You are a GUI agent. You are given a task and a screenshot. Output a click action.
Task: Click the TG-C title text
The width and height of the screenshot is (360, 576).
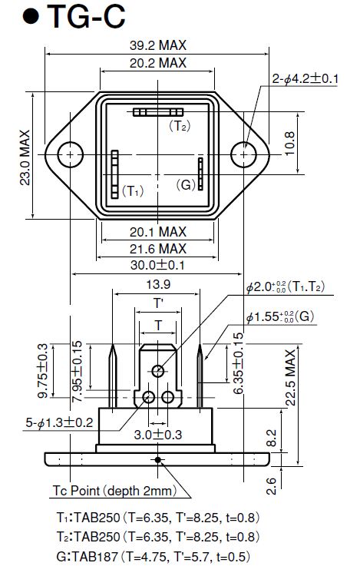point(87,17)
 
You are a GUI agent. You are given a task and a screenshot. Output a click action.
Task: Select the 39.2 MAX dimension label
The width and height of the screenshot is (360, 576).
point(158,45)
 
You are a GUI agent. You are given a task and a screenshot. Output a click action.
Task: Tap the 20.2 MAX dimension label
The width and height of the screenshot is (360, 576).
point(158,63)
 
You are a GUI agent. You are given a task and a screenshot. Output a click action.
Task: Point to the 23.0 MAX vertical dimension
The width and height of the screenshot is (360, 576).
point(25,157)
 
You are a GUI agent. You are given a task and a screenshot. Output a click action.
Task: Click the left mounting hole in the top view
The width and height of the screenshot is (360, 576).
point(70,154)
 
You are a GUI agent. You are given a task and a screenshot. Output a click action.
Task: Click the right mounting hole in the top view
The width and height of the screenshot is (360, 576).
point(243,154)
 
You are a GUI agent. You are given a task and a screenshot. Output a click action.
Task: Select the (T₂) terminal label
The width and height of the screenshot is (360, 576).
point(180,126)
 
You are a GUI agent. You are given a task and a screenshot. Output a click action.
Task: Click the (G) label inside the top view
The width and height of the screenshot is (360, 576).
point(185,184)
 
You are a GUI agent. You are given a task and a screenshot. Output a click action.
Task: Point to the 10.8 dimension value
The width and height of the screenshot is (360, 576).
point(289,144)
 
